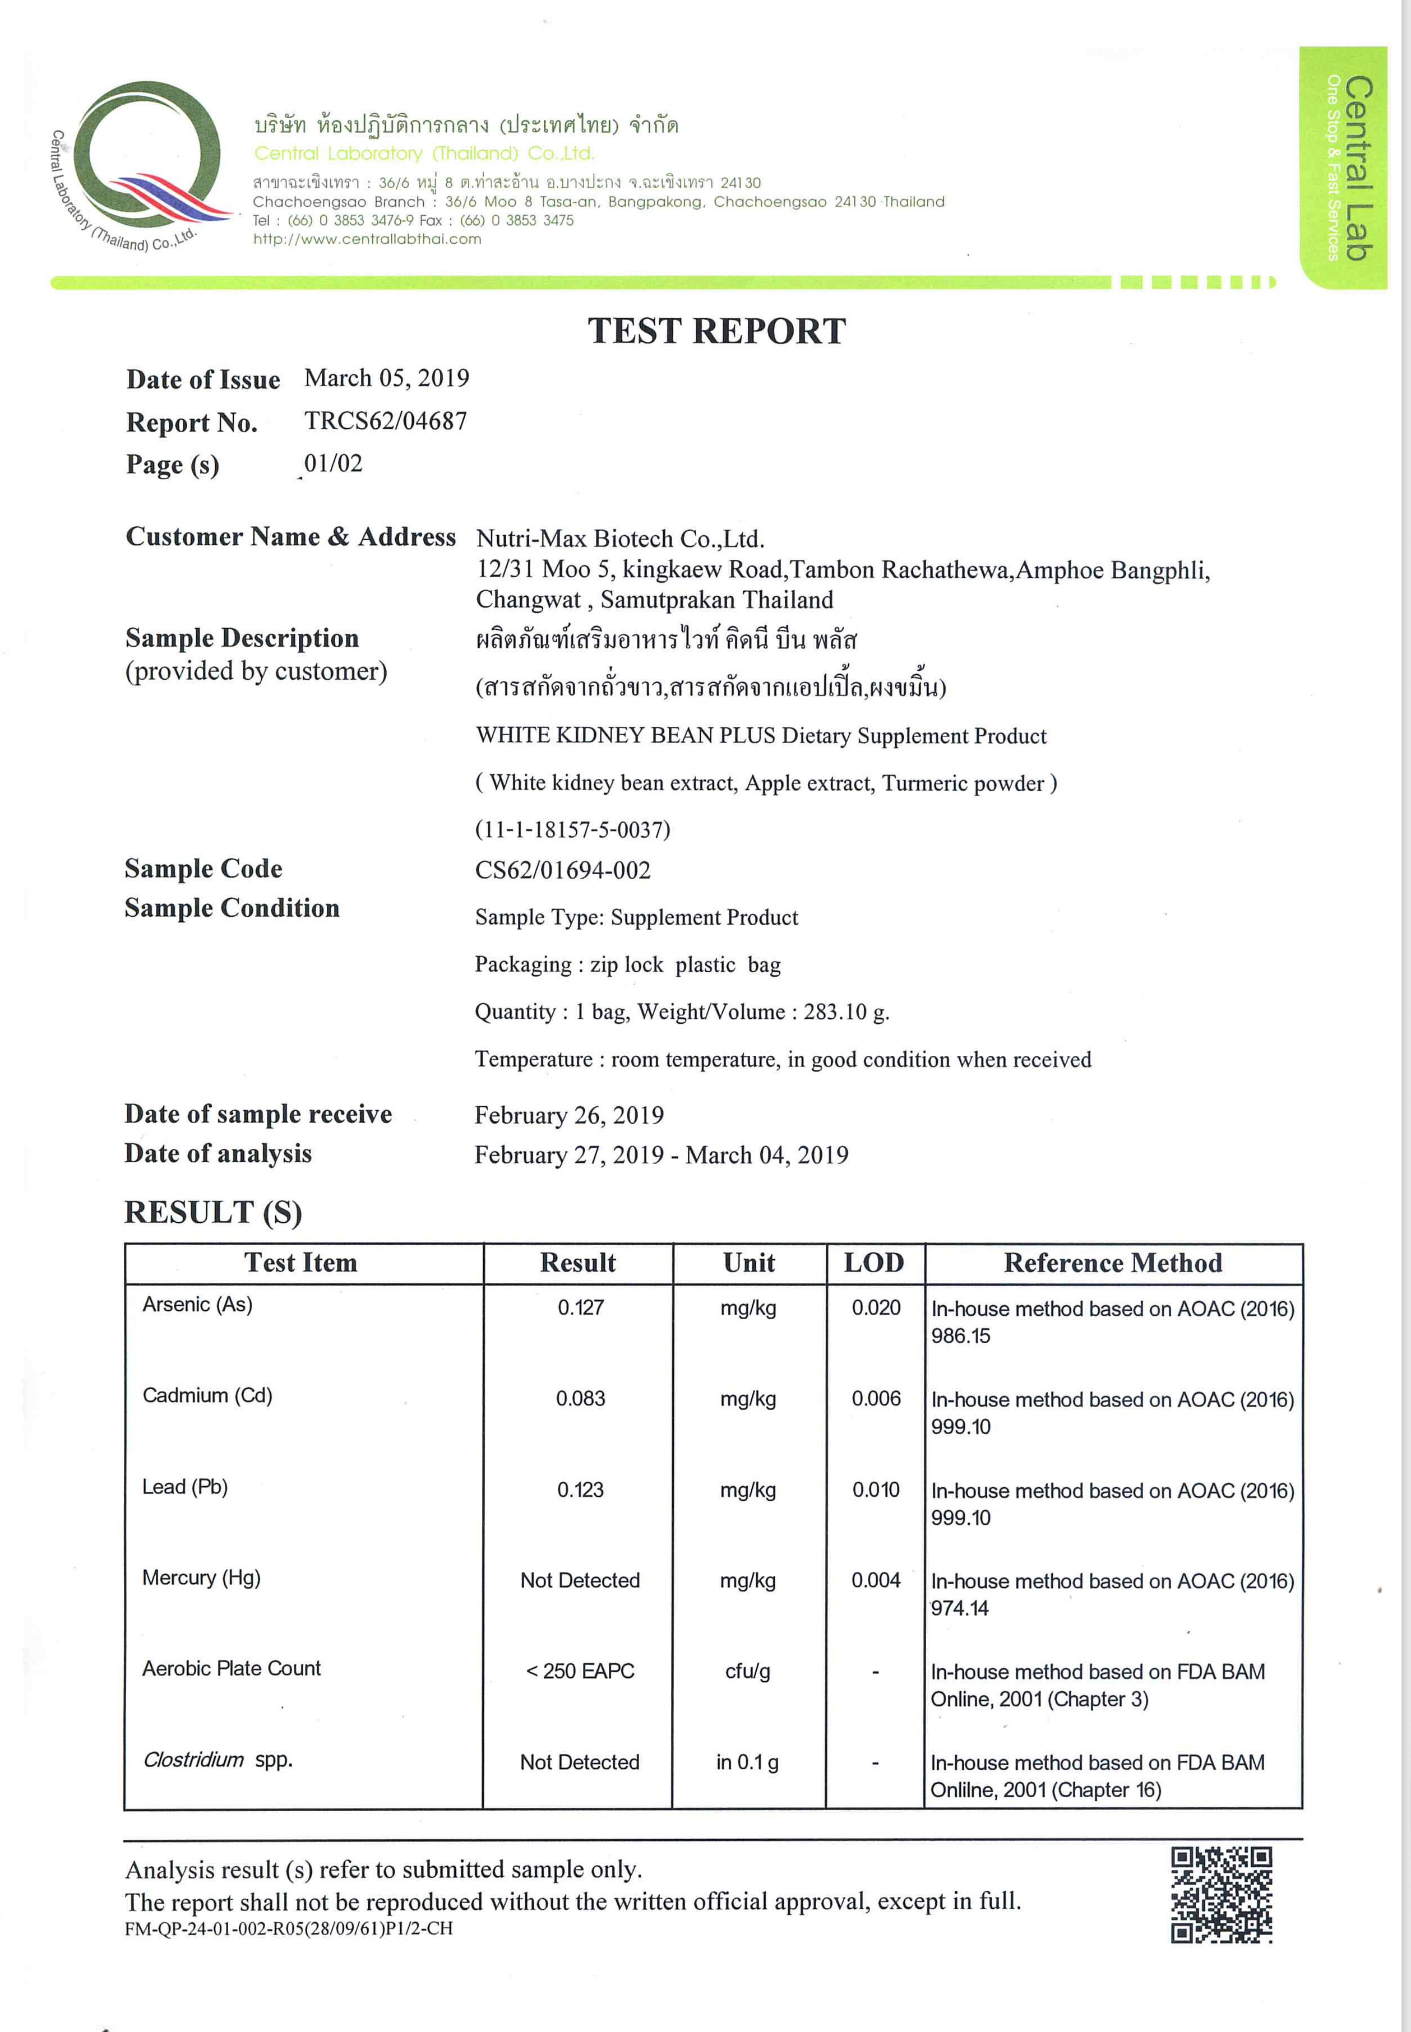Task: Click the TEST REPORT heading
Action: click(716, 331)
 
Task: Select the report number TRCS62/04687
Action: click(386, 421)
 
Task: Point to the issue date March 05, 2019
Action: click(386, 378)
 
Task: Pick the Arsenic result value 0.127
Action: click(580, 1307)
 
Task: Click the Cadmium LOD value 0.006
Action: click(875, 1398)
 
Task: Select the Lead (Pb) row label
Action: click(185, 1487)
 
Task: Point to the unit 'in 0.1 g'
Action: click(747, 1762)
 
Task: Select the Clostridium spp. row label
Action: click(218, 1760)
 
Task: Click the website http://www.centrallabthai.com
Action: click(367, 239)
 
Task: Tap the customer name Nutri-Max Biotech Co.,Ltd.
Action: click(620, 539)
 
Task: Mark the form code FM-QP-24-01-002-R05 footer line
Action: click(288, 1928)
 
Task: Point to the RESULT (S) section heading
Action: click(213, 1212)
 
